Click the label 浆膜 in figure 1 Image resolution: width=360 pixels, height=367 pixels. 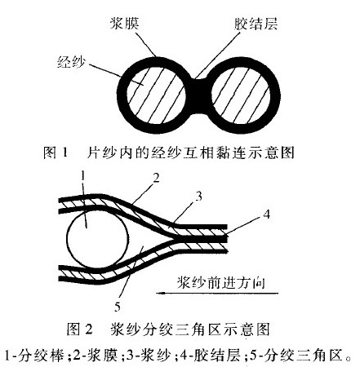click(x=124, y=23)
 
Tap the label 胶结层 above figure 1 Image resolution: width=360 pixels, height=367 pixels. click(x=256, y=24)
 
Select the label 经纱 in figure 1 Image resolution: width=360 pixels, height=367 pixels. click(x=71, y=62)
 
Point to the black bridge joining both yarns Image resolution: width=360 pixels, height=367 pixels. click(x=200, y=95)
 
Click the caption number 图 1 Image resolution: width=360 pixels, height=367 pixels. click(x=55, y=153)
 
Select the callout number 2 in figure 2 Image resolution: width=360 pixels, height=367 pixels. click(x=156, y=179)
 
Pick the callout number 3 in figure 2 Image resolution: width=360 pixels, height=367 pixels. click(x=199, y=197)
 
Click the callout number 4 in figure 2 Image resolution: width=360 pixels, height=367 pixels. click(x=267, y=214)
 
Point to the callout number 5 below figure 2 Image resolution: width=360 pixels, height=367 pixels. click(x=118, y=307)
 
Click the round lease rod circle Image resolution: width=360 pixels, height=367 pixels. click(x=97, y=238)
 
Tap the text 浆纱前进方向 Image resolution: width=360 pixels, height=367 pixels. click(x=221, y=283)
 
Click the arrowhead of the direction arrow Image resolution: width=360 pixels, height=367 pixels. click(x=161, y=293)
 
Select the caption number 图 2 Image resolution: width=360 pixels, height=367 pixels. click(x=79, y=329)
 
